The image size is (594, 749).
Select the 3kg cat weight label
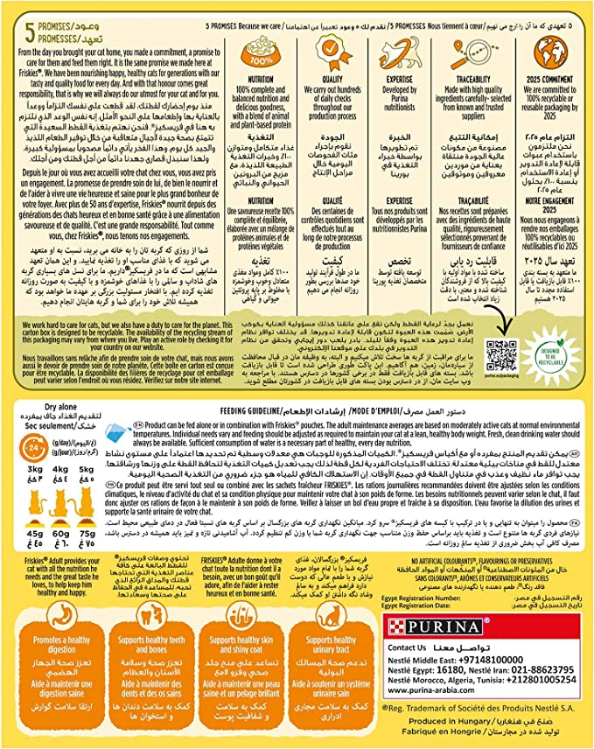[x=37, y=493]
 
